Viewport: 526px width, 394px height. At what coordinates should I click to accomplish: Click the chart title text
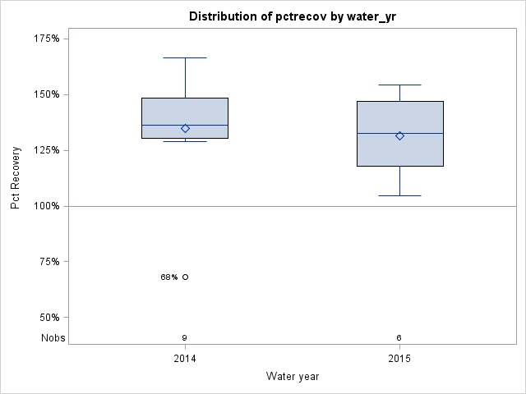click(x=293, y=16)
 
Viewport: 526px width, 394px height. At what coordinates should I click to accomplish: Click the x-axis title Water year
click(x=293, y=376)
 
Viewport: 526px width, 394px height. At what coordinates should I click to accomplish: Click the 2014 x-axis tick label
click(x=185, y=359)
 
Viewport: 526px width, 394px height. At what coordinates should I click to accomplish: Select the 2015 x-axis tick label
click(x=399, y=359)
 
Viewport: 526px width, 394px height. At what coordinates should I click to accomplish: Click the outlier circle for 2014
click(x=185, y=277)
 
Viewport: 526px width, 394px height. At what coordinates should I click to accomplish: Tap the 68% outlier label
click(x=168, y=277)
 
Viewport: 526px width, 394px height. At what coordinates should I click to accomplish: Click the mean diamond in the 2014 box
click(x=185, y=128)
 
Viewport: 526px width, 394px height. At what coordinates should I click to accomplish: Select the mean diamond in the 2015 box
click(x=399, y=135)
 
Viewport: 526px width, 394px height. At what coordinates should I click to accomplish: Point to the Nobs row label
click(x=53, y=338)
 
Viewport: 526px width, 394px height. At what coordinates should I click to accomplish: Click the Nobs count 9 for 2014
click(x=185, y=338)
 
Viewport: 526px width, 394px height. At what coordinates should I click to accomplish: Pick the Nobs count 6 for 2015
click(x=399, y=338)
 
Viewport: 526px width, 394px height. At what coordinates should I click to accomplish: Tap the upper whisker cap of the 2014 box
click(x=185, y=58)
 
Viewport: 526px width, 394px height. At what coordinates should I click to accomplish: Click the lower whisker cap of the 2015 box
click(x=399, y=195)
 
